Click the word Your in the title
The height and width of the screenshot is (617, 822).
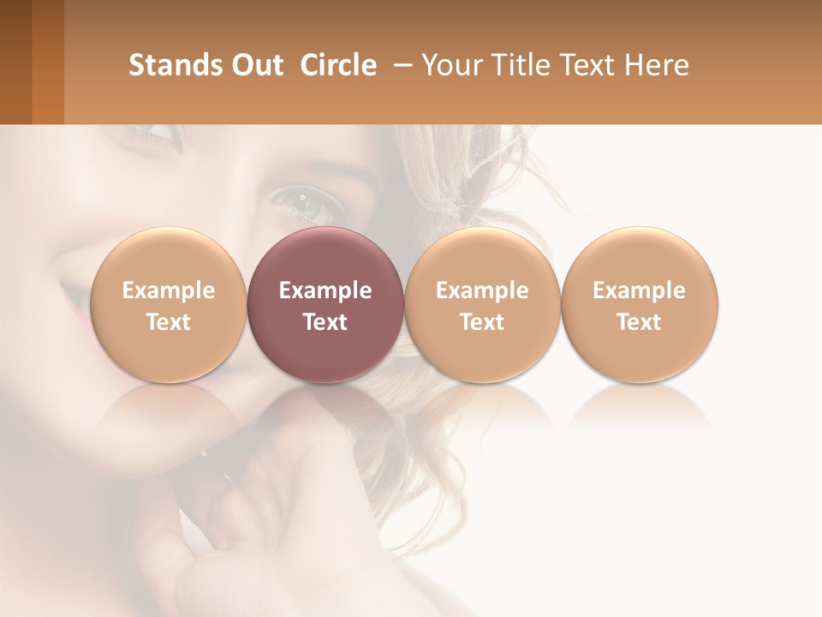tap(450, 65)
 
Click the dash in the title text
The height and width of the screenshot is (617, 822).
tap(399, 65)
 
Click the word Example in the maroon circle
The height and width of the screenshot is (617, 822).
tap(325, 291)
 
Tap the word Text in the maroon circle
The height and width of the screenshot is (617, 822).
tap(325, 322)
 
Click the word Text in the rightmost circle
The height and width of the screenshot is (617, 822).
tap(639, 322)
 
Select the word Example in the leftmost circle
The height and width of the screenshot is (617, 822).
tap(168, 291)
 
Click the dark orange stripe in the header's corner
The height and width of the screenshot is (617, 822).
tap(47, 62)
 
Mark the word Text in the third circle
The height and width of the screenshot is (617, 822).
tap(482, 322)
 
